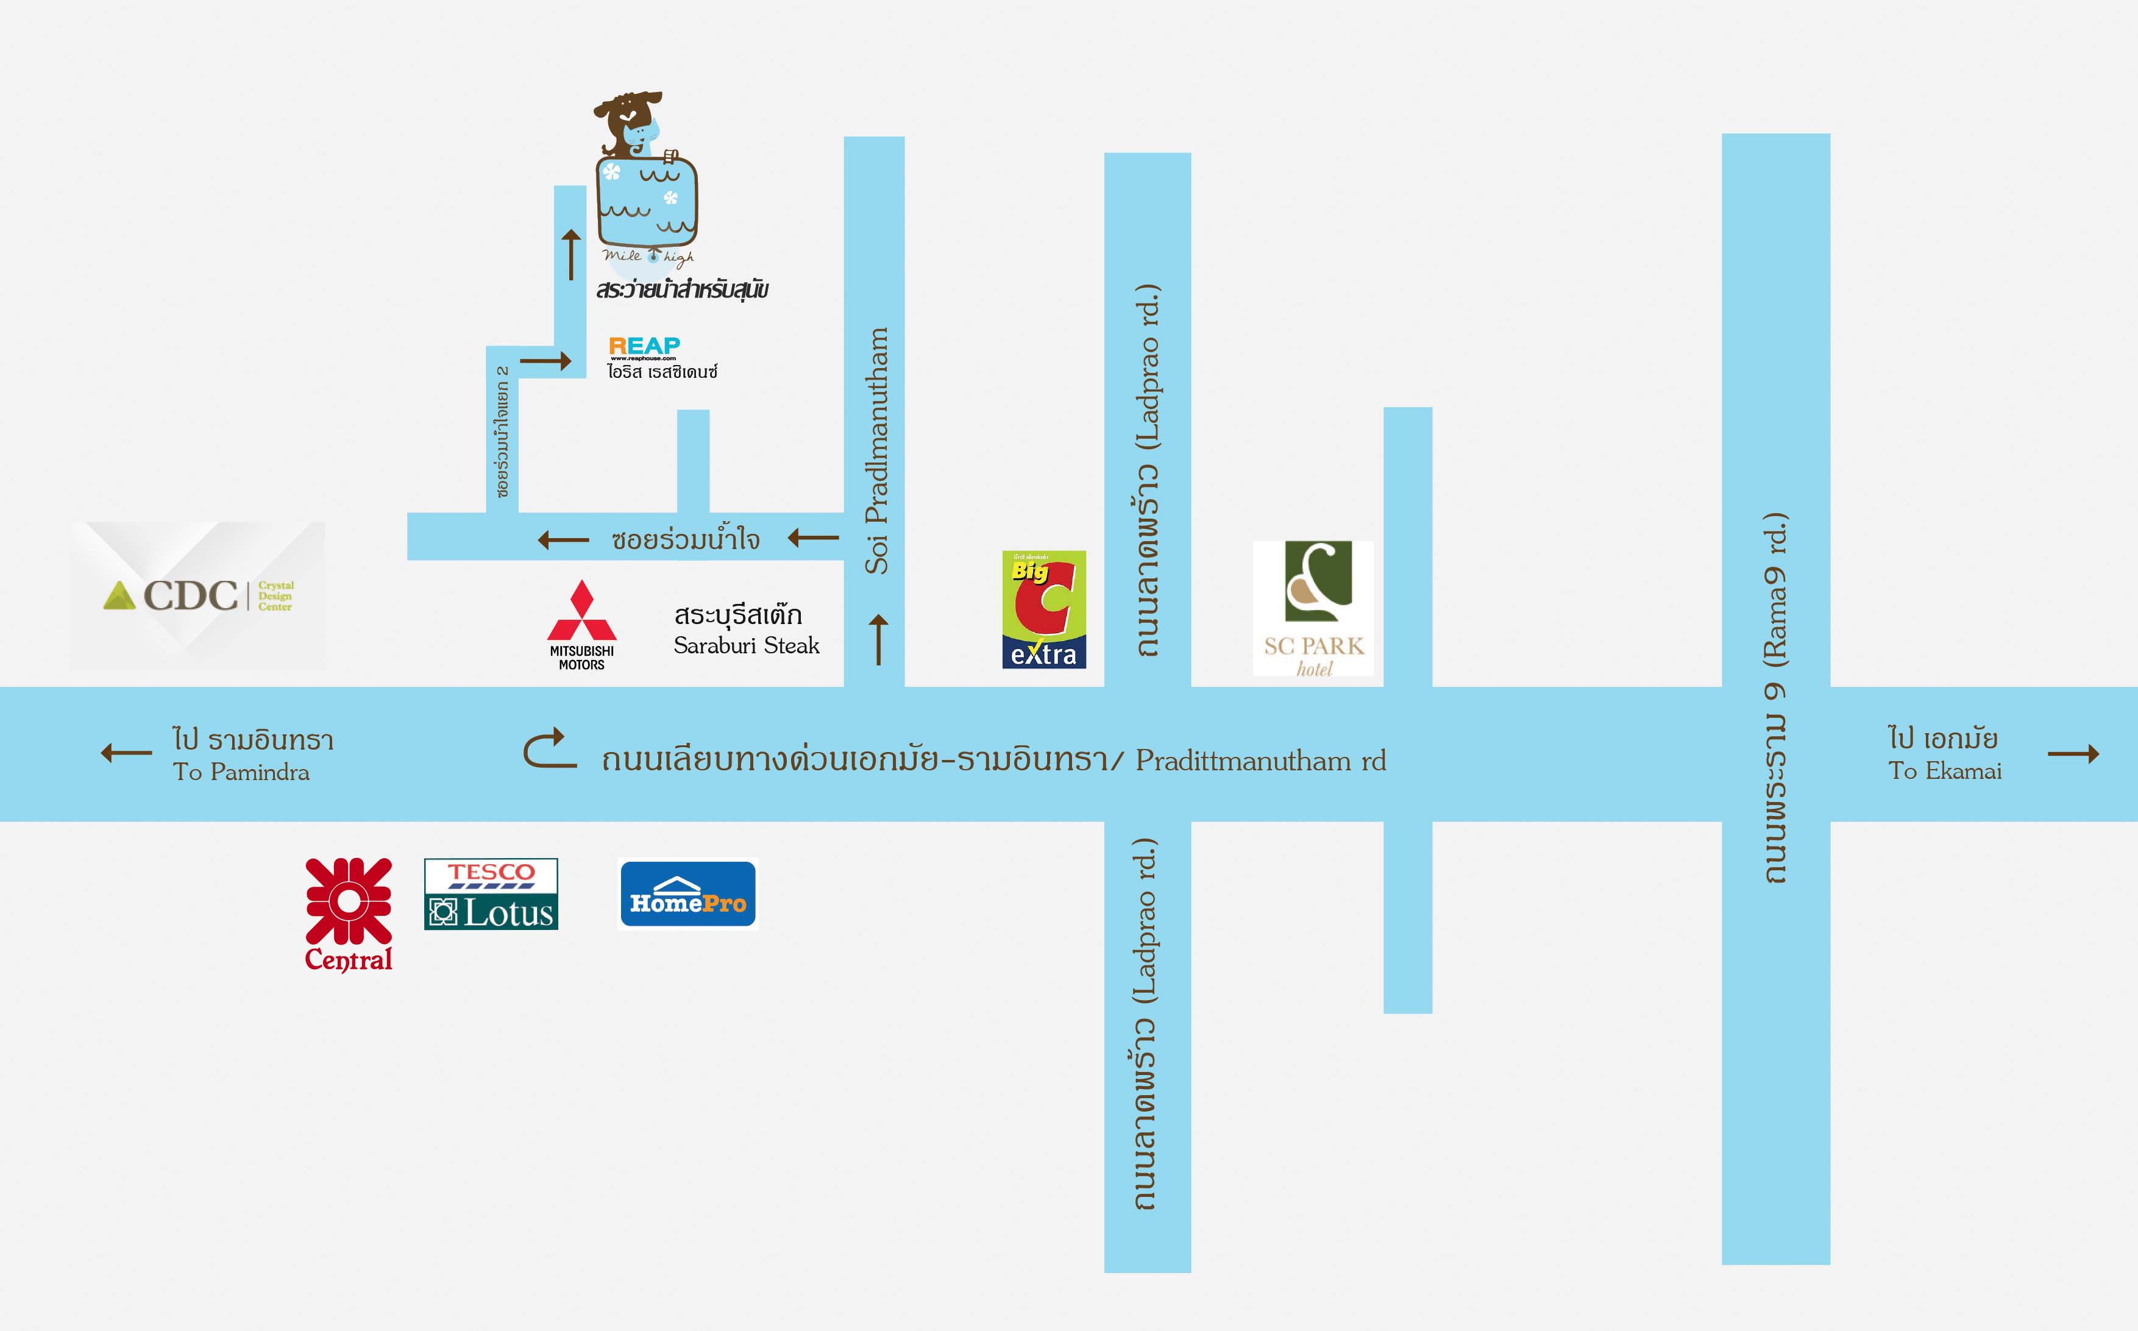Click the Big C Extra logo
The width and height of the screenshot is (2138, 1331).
click(x=1044, y=609)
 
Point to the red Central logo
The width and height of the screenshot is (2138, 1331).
click(x=349, y=914)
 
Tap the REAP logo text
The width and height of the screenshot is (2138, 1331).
click(x=644, y=346)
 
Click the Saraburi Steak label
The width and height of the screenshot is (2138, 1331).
click(x=747, y=645)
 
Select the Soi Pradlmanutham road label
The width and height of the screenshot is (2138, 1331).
click(x=876, y=451)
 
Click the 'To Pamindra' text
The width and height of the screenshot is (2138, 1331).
click(x=241, y=772)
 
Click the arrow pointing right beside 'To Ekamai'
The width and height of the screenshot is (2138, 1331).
click(x=2074, y=753)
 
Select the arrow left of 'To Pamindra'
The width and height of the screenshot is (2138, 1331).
click(x=127, y=753)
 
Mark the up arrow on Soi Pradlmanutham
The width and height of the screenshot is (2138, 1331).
click(x=878, y=639)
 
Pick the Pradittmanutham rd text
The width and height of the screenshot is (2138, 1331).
click(x=1260, y=761)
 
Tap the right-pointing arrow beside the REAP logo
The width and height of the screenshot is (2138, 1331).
click(x=545, y=360)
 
